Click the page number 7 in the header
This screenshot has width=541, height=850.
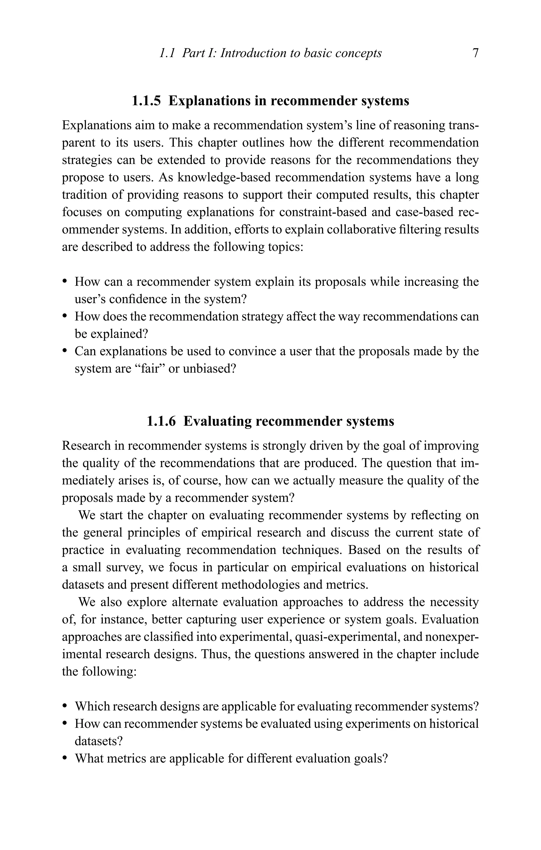475,53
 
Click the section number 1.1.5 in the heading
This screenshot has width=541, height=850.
146,101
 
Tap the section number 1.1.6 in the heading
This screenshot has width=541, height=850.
161,421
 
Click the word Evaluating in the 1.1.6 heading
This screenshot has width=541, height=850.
216,421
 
